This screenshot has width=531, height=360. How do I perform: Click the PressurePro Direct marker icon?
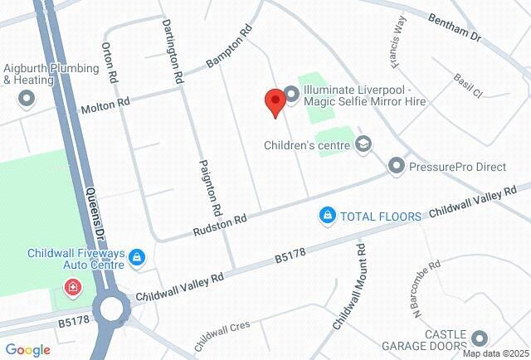pos(396,168)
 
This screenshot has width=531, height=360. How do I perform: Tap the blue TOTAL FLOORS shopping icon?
pos(328,216)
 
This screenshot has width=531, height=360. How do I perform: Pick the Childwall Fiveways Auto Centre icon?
pos(138,259)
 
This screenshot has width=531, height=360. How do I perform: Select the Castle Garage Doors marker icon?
pos(479,338)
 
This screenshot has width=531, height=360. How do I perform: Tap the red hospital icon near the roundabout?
pos(73,288)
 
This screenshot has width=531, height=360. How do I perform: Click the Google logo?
pos(27,350)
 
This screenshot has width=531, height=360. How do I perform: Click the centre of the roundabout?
pos(111,310)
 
